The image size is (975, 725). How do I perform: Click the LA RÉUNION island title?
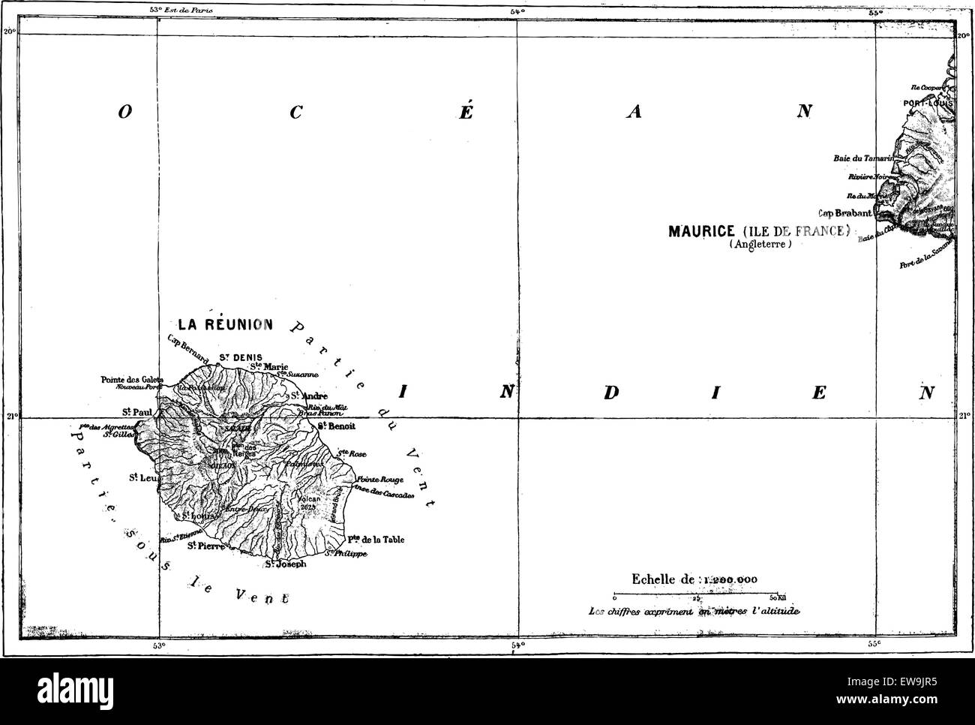click(x=225, y=324)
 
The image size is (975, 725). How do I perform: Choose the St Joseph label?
click(x=286, y=564)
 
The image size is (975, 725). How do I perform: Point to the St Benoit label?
click(x=335, y=426)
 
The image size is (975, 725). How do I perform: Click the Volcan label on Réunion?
click(x=309, y=498)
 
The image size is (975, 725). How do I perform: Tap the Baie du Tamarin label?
click(x=862, y=158)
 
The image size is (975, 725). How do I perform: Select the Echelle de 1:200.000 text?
click(x=694, y=579)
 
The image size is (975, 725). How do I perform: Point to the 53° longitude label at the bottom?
click(x=158, y=644)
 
